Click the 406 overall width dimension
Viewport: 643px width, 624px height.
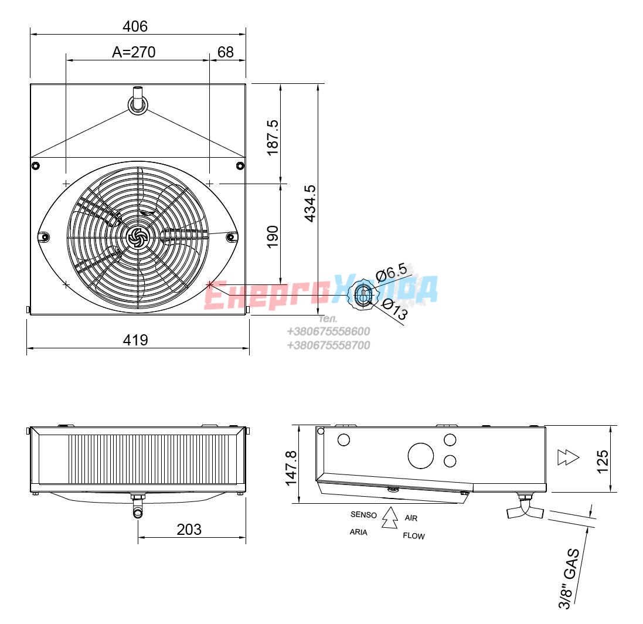coord(135,26)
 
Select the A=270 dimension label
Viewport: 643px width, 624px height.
coord(134,52)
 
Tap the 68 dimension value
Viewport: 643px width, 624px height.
coord(226,52)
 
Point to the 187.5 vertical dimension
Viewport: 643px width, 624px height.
coord(273,138)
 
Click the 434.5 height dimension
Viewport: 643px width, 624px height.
coord(311,204)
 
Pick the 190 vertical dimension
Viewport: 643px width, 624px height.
coord(273,237)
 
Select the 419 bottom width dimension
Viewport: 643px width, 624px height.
coord(135,340)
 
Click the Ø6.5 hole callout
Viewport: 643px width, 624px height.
coord(392,272)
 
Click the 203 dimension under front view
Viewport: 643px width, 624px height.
coord(189,530)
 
